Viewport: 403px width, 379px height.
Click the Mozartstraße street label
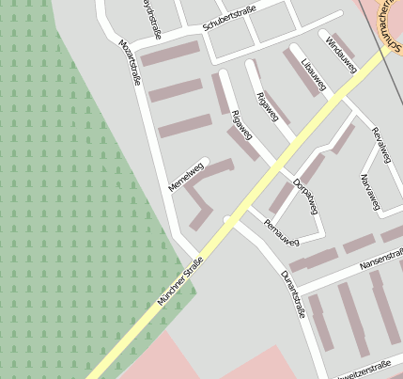(x=130, y=62)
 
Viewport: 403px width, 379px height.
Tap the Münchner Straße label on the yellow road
(x=180, y=281)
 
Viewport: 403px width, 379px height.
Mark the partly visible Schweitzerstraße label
(x=363, y=368)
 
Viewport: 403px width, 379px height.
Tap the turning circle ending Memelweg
(x=205, y=161)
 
